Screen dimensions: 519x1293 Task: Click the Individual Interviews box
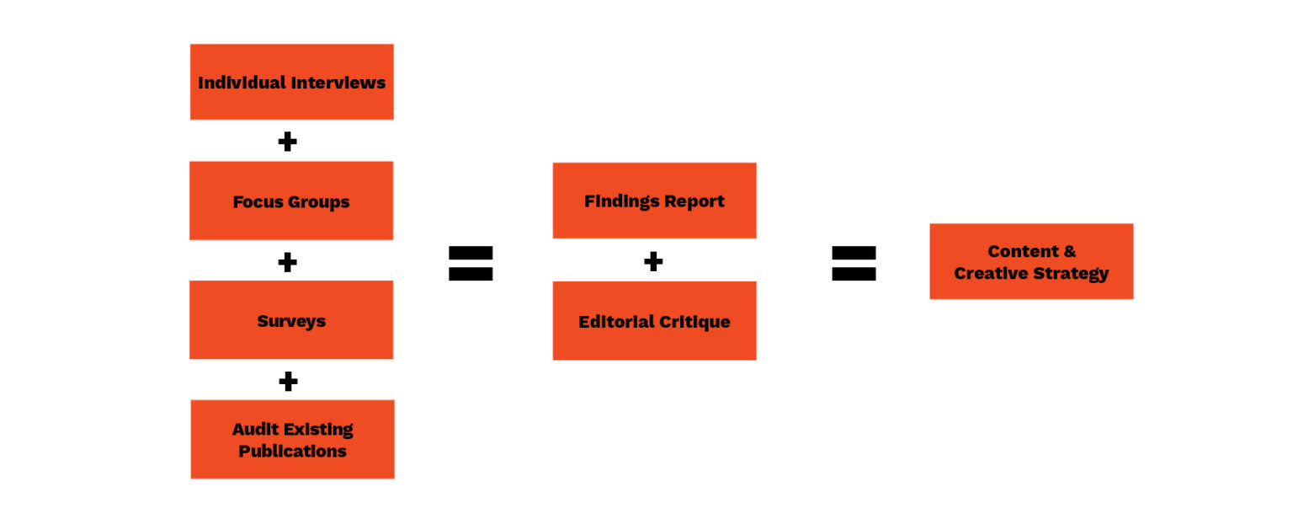291,82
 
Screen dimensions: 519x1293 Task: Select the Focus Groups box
291,201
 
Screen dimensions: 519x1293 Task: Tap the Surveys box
291,320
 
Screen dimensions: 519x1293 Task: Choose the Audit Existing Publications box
292,439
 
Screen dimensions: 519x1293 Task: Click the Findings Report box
654,201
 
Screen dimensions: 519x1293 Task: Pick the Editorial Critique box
654,321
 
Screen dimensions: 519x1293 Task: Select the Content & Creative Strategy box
1031,261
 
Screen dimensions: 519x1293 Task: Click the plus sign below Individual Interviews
287,142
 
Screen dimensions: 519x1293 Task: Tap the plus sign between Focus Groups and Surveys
287,262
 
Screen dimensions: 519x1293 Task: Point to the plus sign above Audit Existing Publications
288,382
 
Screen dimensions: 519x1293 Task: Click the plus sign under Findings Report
653,261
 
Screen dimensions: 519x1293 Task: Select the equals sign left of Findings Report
471,263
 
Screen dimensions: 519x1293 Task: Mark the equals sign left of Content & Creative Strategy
854,263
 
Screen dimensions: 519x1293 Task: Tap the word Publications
292,451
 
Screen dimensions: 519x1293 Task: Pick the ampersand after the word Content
1068,251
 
